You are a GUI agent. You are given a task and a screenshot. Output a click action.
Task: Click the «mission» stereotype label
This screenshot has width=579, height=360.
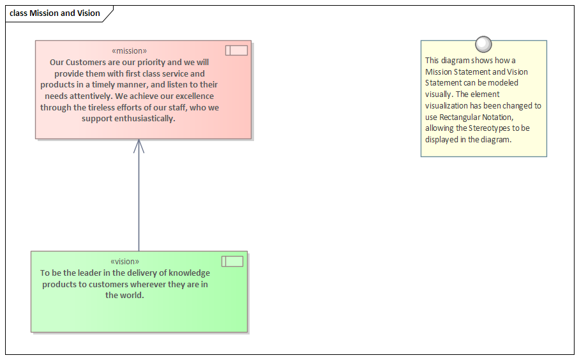129,51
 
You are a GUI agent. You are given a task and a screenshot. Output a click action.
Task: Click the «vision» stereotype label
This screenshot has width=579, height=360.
125,262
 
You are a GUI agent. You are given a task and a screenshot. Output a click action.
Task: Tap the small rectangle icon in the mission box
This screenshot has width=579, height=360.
236,50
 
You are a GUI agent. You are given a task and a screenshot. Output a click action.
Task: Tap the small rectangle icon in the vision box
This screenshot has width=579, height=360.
232,262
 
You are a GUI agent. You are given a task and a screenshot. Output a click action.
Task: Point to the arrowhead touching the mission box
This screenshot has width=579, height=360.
139,146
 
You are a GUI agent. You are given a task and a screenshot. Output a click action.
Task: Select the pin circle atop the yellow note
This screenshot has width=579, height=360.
483,44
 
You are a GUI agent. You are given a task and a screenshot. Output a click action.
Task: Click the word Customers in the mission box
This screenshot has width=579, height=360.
86,62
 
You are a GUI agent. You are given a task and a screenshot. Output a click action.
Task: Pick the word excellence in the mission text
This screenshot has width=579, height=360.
195,96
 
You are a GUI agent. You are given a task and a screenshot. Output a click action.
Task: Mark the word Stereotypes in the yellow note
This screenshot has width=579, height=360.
489,128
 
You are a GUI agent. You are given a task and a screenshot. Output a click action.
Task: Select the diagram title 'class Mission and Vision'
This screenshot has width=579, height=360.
55,13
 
